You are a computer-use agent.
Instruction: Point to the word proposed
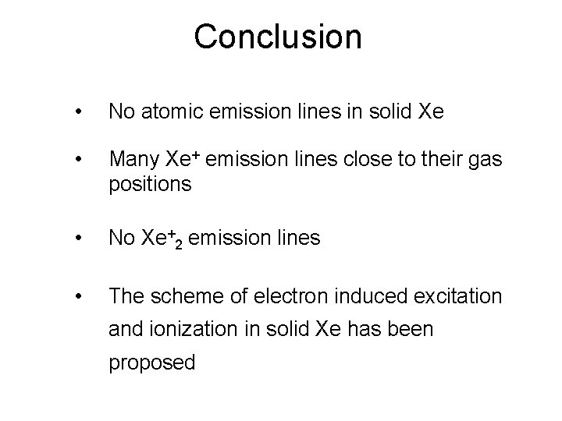(152, 363)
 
